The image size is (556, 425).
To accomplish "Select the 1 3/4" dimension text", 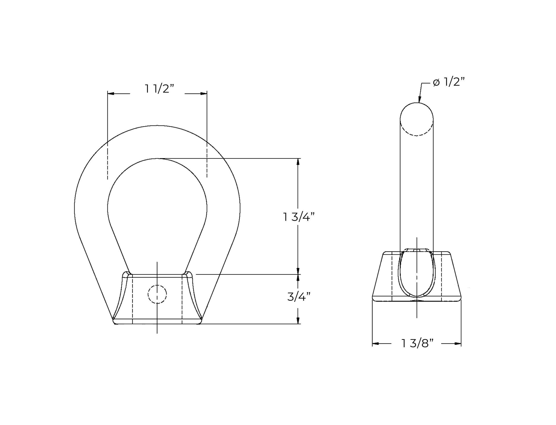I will click(299, 217).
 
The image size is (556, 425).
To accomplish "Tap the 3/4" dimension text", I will click(299, 297).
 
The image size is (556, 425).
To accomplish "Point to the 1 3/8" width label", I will click(417, 343).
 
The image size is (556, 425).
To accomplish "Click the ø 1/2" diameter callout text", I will click(449, 82).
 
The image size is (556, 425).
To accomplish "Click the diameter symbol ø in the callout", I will click(436, 82).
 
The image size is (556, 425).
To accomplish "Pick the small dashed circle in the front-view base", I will click(157, 294).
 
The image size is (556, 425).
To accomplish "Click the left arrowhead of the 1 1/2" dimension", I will click(111, 94).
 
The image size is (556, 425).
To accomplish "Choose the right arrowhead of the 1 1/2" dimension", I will click(204, 94).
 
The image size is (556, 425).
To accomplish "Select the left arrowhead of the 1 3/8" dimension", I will click(376, 344).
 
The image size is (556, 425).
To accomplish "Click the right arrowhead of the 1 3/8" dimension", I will click(458, 344).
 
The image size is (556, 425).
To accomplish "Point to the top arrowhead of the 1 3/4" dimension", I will click(298, 162).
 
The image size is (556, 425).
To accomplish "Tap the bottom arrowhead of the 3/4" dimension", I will click(298, 320).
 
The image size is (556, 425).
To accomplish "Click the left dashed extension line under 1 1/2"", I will click(107, 161).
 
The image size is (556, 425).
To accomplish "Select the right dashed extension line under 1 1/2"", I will click(207, 159).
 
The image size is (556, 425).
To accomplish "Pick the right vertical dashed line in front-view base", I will click(182, 300).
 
